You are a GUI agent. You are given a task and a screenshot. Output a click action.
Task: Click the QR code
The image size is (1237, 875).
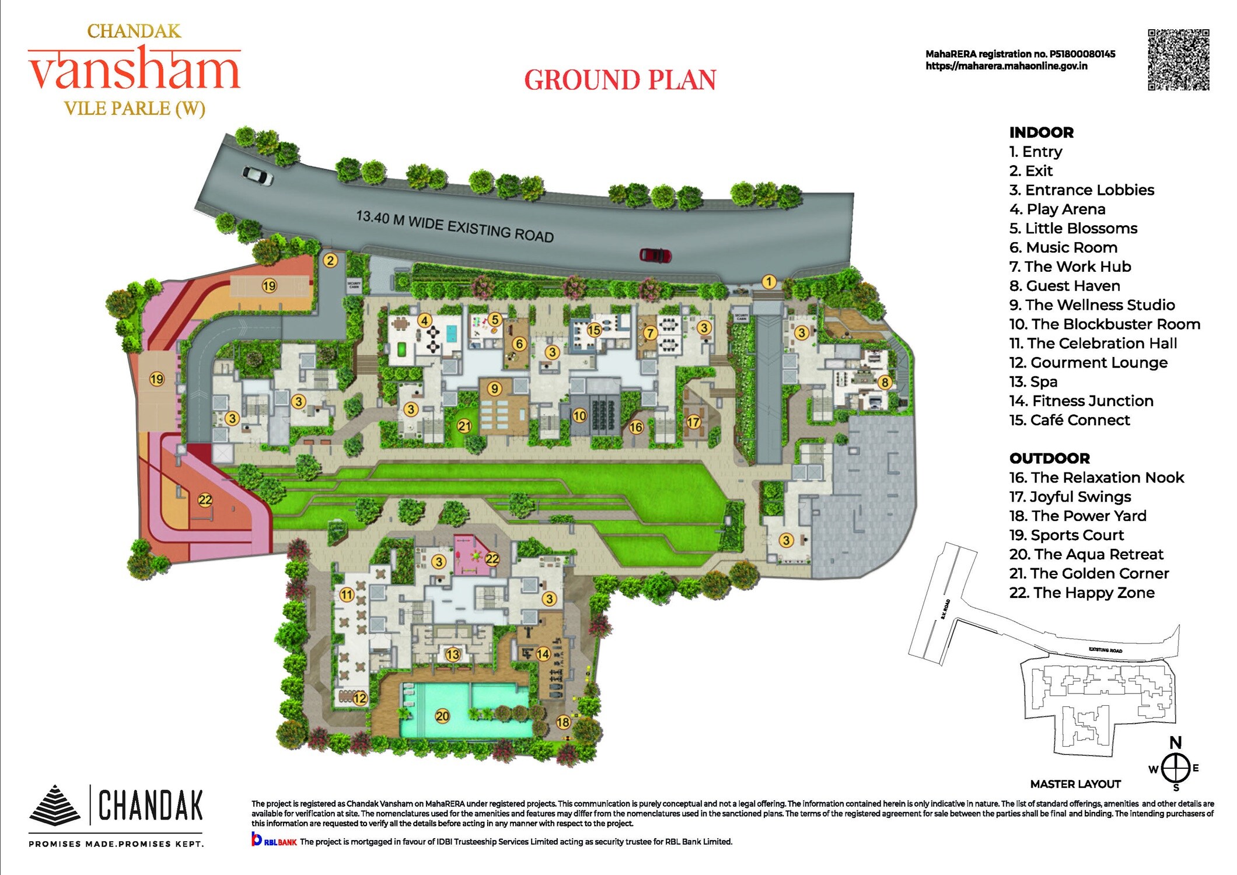[1178, 60]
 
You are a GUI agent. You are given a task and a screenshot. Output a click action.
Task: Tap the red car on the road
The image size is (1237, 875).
[655, 255]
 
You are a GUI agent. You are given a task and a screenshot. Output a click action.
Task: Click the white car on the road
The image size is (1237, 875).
[257, 174]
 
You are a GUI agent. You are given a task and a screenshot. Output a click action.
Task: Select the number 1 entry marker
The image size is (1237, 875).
[769, 282]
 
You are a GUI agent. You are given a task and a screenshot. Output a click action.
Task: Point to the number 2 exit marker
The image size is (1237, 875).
[330, 260]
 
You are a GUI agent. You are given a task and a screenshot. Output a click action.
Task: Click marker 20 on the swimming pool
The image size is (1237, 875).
[442, 716]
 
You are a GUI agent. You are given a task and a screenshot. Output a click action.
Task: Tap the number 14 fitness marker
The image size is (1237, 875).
[543, 654]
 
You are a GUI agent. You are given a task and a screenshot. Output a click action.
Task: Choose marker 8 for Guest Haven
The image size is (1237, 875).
[885, 382]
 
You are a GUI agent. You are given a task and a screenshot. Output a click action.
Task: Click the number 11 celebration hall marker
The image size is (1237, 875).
[347, 594]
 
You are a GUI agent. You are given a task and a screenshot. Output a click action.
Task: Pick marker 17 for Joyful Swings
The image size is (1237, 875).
[693, 421]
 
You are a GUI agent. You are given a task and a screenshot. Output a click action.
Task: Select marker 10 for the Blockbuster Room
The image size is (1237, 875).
[579, 415]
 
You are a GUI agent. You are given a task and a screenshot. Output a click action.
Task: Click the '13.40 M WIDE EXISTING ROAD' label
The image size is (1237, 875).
[455, 226]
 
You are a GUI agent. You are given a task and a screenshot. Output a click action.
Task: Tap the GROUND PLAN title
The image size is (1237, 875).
[620, 80]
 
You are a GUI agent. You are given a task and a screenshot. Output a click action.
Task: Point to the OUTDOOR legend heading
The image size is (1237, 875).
[1049, 459]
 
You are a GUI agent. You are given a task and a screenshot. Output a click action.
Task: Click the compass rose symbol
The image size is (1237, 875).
[1176, 768]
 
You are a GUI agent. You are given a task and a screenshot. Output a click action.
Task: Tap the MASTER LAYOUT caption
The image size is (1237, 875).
[1075, 784]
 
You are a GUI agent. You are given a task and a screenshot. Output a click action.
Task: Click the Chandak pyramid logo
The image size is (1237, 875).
[54, 805]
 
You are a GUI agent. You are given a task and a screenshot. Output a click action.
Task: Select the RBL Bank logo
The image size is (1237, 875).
[274, 841]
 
